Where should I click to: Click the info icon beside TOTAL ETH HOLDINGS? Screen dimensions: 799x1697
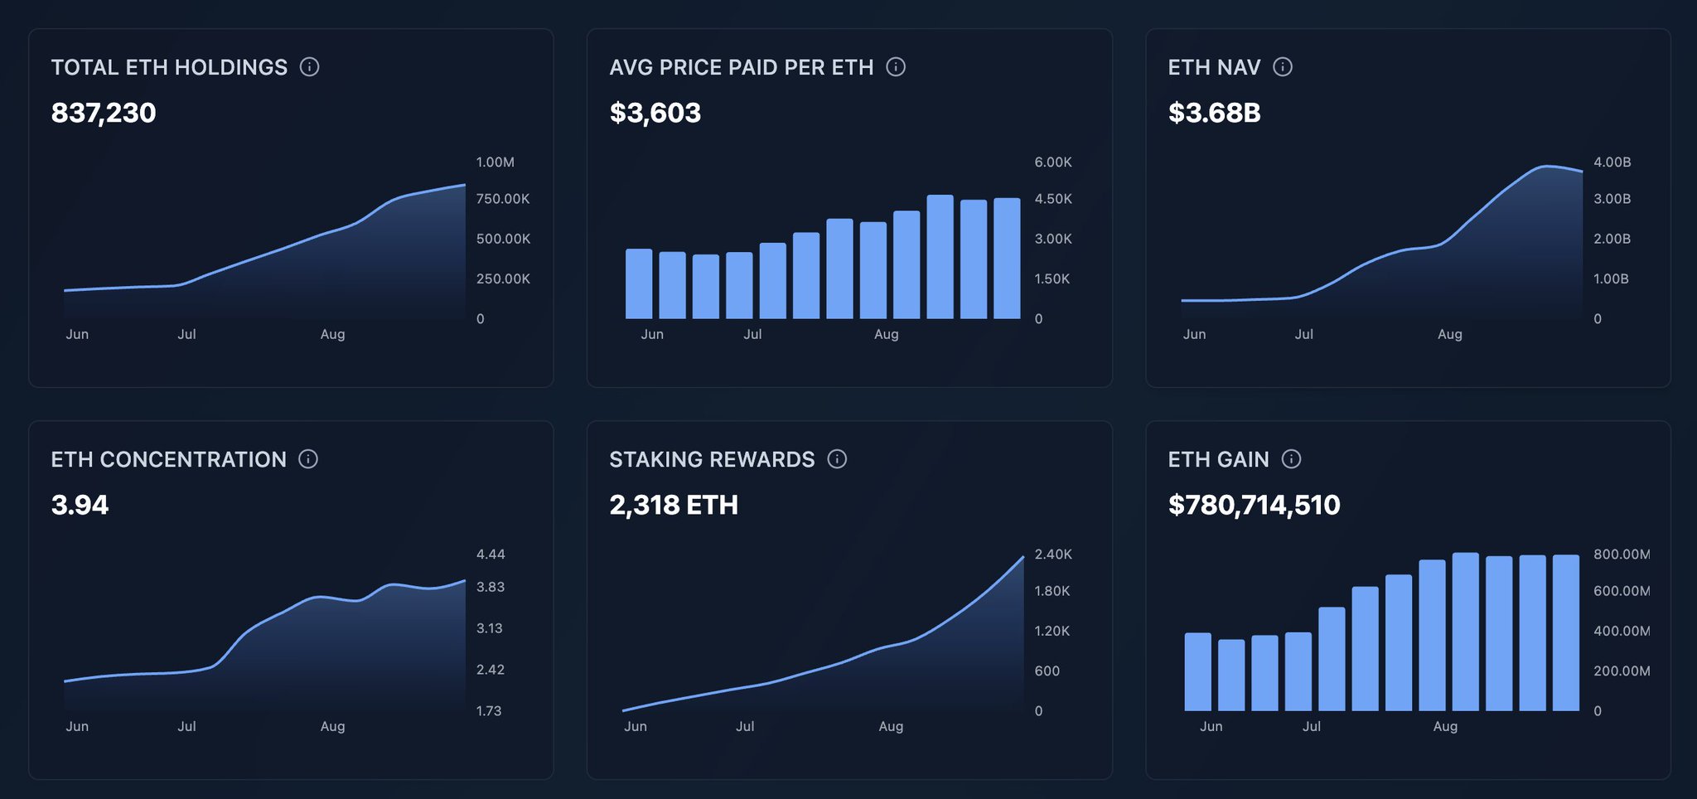pos(309,67)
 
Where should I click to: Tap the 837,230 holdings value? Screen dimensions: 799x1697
pos(104,113)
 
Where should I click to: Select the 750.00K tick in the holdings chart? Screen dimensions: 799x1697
pos(502,199)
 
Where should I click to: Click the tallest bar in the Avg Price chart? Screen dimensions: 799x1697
pos(940,257)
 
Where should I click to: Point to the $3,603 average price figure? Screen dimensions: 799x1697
pos(655,113)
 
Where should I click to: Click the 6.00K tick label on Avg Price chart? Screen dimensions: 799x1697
pos(1052,162)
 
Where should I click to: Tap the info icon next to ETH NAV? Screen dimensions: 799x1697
pos(1282,67)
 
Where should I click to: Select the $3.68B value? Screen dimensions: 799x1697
pos(1214,113)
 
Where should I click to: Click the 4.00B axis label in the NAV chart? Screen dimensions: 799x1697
pos(1612,162)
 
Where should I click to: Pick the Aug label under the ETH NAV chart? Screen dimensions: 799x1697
pos(1449,334)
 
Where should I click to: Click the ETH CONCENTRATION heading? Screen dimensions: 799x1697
pos(168,459)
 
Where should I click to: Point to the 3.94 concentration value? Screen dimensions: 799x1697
pos(80,505)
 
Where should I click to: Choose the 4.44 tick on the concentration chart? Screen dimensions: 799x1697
pos(491,554)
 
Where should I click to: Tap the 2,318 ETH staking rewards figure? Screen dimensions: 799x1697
pos(674,505)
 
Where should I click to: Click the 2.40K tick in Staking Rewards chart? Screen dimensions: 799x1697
pos(1052,554)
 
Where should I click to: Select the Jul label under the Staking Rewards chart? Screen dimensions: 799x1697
pos(745,726)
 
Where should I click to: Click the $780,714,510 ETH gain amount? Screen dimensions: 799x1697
pos(1254,505)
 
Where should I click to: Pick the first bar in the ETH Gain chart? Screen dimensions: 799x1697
pos(1197,672)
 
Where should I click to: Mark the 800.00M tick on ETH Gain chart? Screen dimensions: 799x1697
pos(1621,554)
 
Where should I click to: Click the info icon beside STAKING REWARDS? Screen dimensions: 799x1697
pos(837,459)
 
